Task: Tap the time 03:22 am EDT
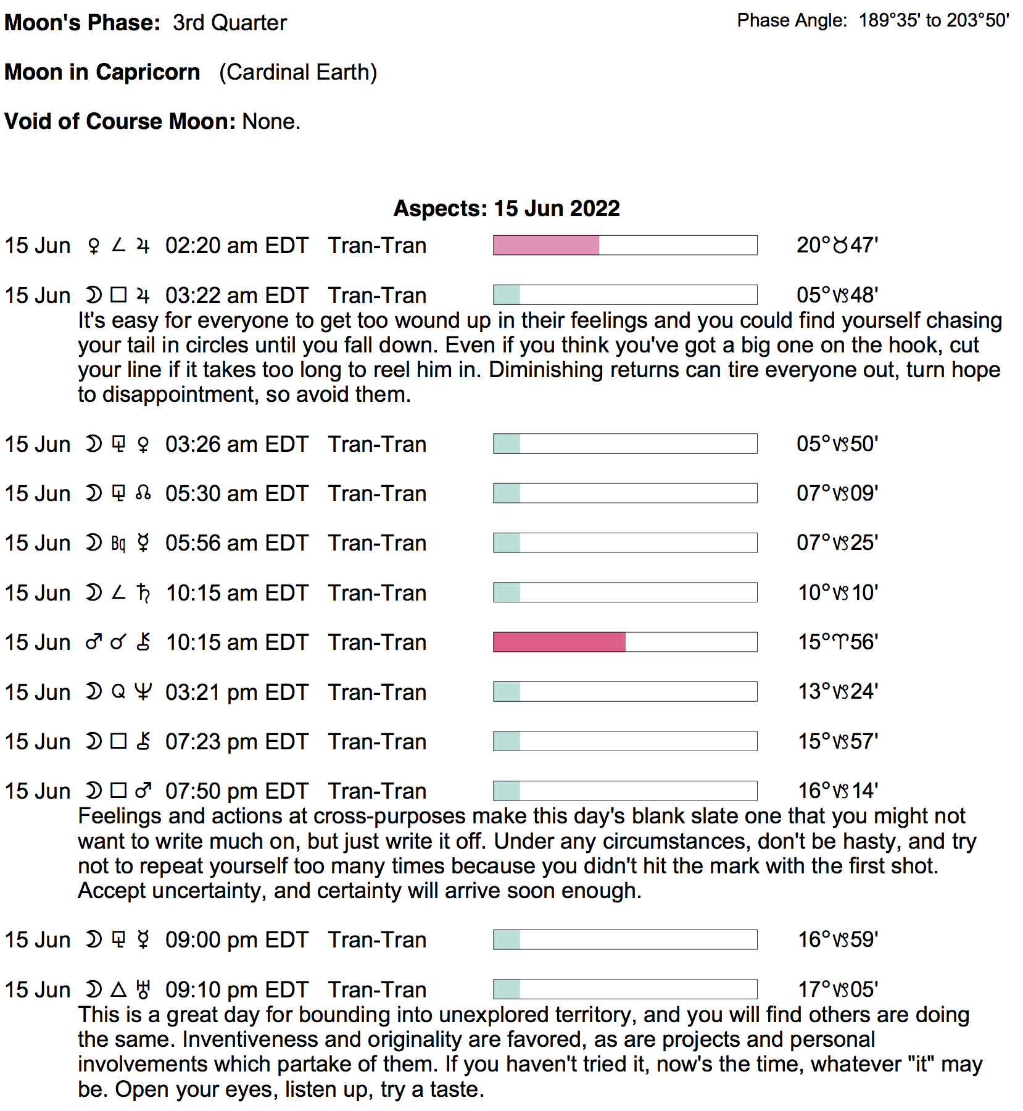(236, 295)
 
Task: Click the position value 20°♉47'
(837, 245)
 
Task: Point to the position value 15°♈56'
(837, 642)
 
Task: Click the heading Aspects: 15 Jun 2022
(507, 208)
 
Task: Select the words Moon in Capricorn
(102, 72)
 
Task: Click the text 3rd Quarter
(230, 23)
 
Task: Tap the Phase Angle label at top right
(792, 20)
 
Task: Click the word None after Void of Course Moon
(270, 122)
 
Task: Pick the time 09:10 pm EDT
(236, 989)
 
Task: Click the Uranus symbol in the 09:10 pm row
(143, 989)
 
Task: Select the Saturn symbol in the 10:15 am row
(143, 593)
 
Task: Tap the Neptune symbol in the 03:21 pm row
(143, 692)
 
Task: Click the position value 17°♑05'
(837, 989)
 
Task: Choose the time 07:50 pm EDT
(236, 791)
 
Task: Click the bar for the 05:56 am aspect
(625, 543)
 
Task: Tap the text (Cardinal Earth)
(298, 72)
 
